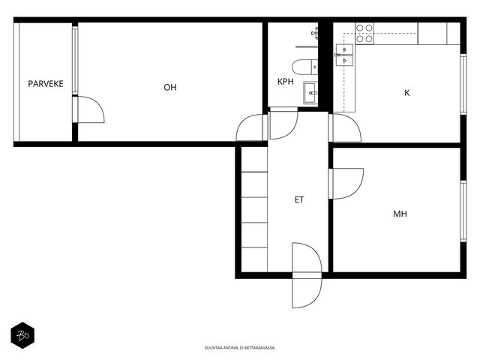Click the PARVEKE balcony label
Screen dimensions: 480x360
tap(46, 83)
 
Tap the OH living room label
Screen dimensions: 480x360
tap(170, 87)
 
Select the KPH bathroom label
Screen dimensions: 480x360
tap(285, 82)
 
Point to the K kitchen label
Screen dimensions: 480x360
tap(406, 93)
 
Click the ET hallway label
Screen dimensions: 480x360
tap(299, 199)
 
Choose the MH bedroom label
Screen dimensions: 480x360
tap(400, 214)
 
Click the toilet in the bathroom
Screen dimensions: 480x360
tap(305, 67)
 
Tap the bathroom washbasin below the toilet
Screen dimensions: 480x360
tap(310, 92)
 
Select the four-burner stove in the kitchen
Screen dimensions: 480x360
tap(364, 33)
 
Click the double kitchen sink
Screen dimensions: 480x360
tap(344, 55)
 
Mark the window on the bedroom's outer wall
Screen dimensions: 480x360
tap(463, 211)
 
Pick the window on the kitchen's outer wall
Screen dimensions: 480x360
tap(463, 84)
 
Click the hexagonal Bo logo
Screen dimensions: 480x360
tap(22, 335)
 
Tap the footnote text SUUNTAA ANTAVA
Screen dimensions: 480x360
tap(220, 348)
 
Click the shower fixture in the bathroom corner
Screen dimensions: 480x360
tap(314, 33)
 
